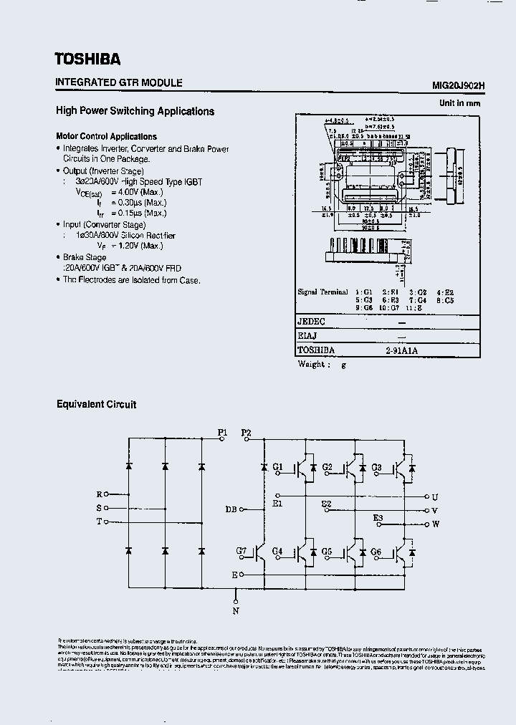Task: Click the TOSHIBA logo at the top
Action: tap(87, 59)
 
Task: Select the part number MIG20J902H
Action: tap(459, 85)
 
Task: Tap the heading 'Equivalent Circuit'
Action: tap(96, 404)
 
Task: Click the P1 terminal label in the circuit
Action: tap(222, 433)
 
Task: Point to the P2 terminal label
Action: tap(246, 433)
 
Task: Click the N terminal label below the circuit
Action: tap(236, 610)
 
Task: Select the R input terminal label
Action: tap(100, 494)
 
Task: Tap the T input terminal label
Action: tap(99, 522)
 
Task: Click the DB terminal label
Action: tap(231, 509)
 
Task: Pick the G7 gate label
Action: tap(242, 551)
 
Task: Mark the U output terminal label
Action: tap(434, 496)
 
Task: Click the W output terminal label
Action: tap(435, 524)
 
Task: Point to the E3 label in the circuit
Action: tap(378, 517)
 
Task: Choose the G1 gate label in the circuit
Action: tap(278, 467)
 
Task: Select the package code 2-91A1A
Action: tap(401, 350)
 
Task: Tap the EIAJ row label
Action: tap(307, 336)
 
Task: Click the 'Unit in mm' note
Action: tap(459, 103)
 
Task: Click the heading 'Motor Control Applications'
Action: tap(106, 136)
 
